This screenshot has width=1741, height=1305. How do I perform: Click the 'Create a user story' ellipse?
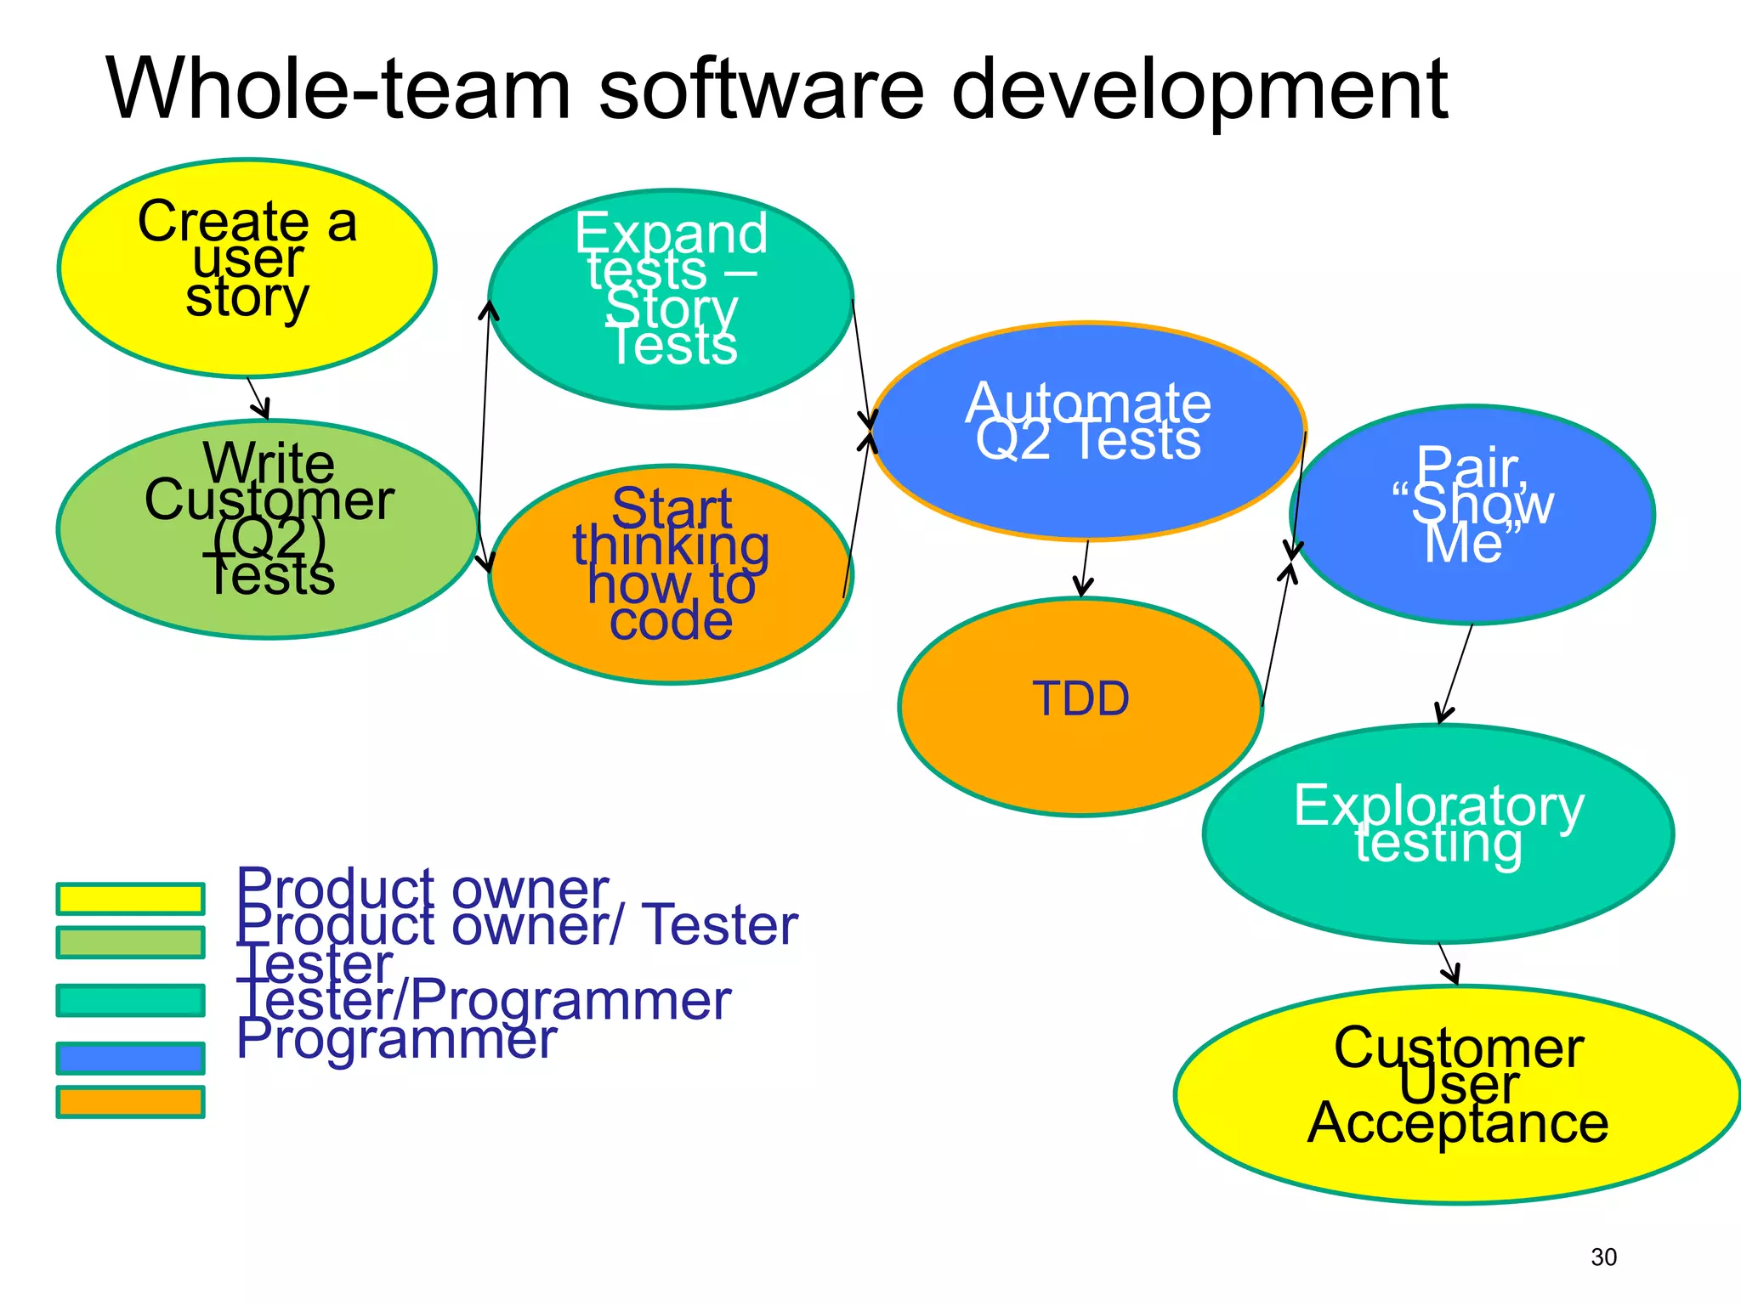tap(247, 268)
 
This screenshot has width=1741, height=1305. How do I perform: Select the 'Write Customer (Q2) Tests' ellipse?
tap(268, 528)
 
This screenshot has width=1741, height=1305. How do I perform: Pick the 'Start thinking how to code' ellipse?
tap(671, 574)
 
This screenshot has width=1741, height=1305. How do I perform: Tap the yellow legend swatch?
tap(130, 899)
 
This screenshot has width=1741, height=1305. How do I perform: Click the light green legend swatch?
tap(130, 942)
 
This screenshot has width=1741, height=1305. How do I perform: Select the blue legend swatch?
tap(130, 1058)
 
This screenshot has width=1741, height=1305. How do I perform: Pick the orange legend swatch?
tap(130, 1102)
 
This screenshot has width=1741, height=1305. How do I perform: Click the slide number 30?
tap(1603, 1257)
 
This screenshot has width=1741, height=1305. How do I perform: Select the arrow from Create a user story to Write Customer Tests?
tap(258, 398)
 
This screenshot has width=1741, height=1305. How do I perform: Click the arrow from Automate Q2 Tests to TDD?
tap(1085, 568)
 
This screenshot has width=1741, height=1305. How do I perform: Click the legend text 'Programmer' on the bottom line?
tap(396, 1038)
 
